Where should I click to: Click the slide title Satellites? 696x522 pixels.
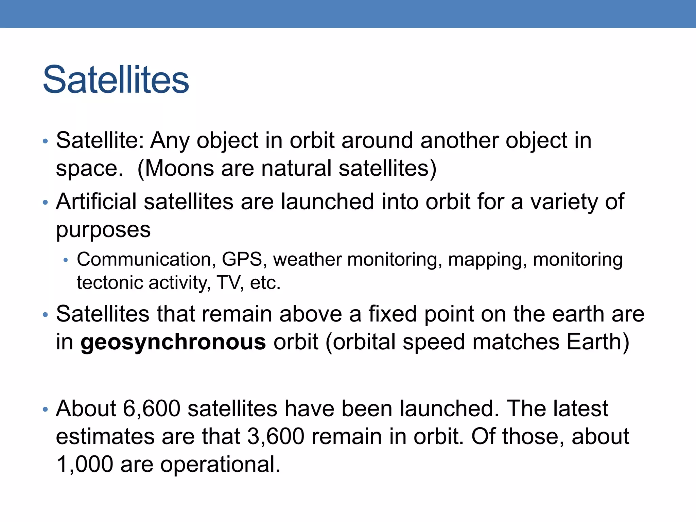point(116,80)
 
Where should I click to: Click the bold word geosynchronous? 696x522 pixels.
point(173,342)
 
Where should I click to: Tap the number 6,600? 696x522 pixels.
point(151,408)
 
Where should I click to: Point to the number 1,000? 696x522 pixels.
point(85,464)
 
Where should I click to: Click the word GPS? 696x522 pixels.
point(242,260)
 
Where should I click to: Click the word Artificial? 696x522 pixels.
point(96,202)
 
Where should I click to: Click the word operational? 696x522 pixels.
point(220,464)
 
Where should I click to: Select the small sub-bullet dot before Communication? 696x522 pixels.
point(66,261)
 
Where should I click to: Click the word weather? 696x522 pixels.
point(307,260)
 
